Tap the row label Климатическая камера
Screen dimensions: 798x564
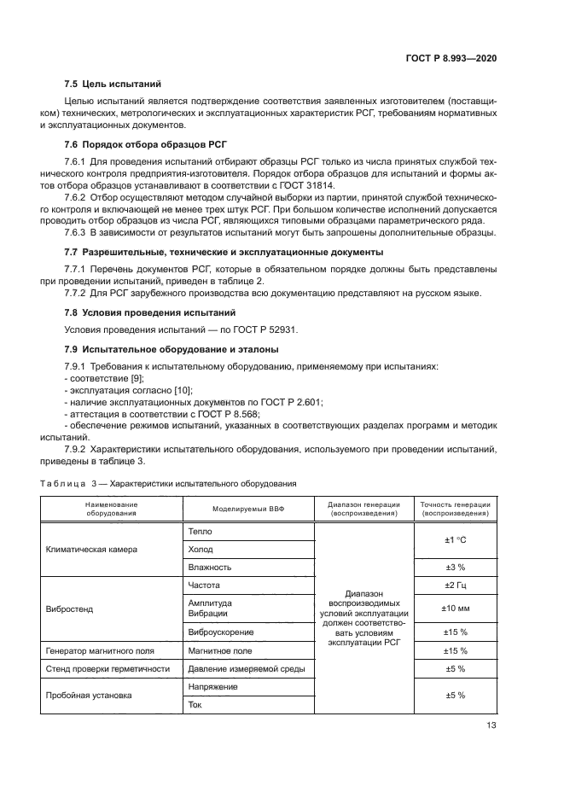point(91,549)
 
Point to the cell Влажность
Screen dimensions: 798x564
point(209,567)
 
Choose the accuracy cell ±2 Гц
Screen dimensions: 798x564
point(455,585)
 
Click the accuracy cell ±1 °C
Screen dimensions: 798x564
point(455,539)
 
